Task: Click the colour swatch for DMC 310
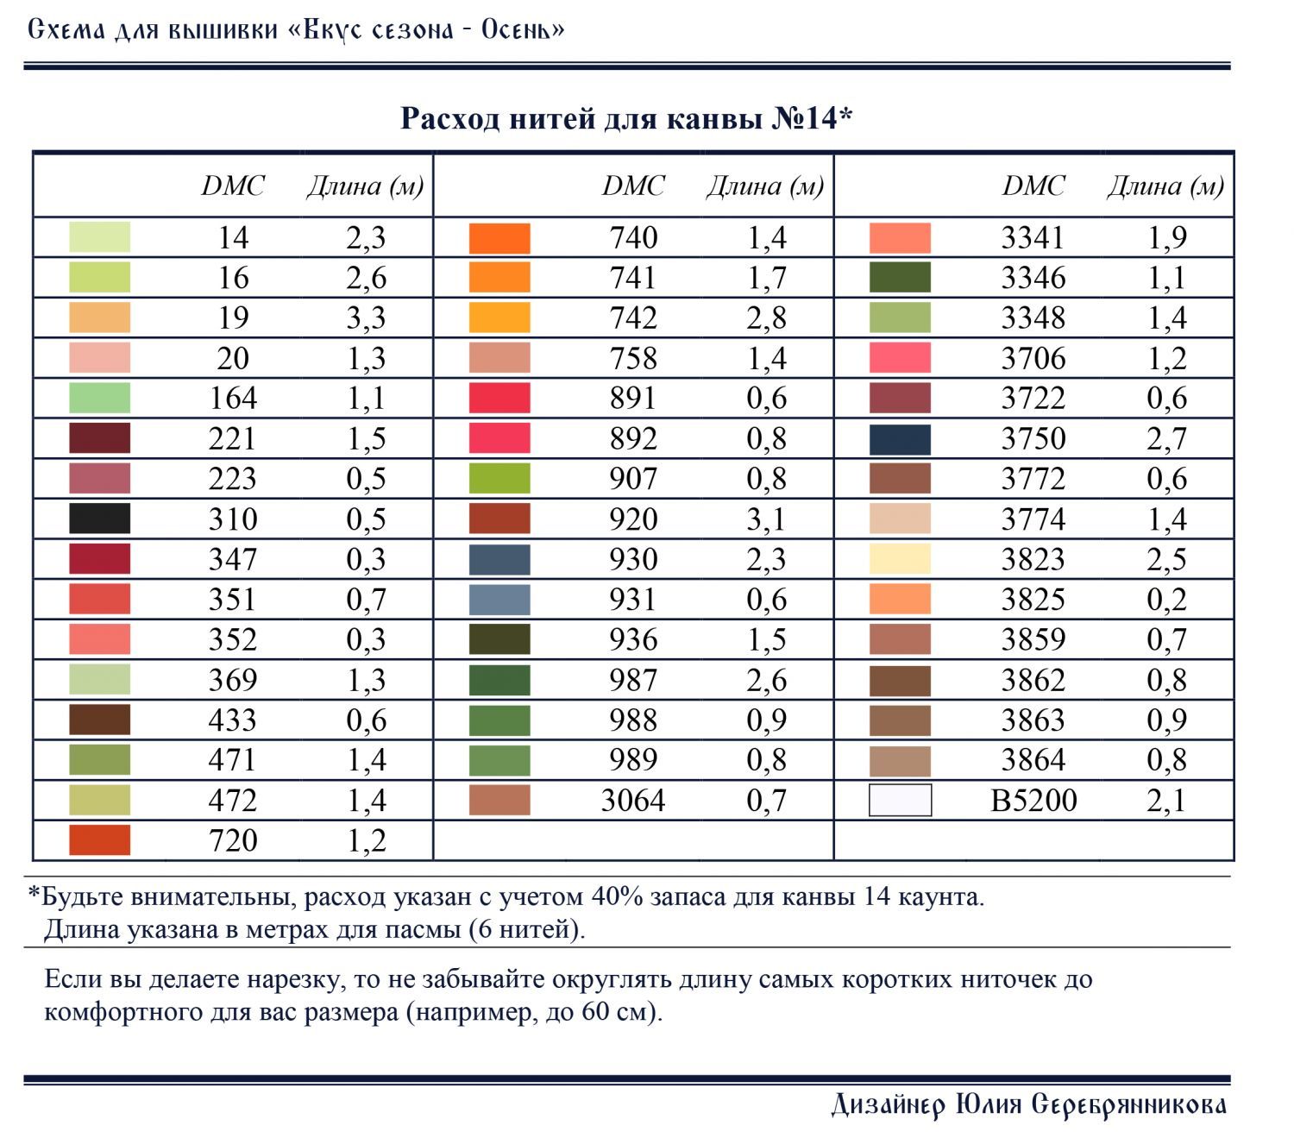tap(99, 519)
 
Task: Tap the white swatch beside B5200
tap(899, 799)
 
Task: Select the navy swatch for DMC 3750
tap(899, 438)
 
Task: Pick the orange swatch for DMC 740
tap(499, 238)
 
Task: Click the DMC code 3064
tap(632, 800)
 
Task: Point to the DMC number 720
tap(232, 840)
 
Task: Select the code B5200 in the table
tap(1033, 800)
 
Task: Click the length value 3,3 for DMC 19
tap(366, 318)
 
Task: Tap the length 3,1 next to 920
tap(766, 519)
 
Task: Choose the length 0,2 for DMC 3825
tap(1166, 600)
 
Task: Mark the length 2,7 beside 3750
tap(1166, 438)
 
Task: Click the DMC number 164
tap(232, 398)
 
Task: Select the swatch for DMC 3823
tap(899, 558)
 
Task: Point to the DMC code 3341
tap(1033, 238)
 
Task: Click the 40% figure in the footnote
tap(616, 896)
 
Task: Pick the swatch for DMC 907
tap(499, 478)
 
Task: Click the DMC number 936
tap(632, 639)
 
